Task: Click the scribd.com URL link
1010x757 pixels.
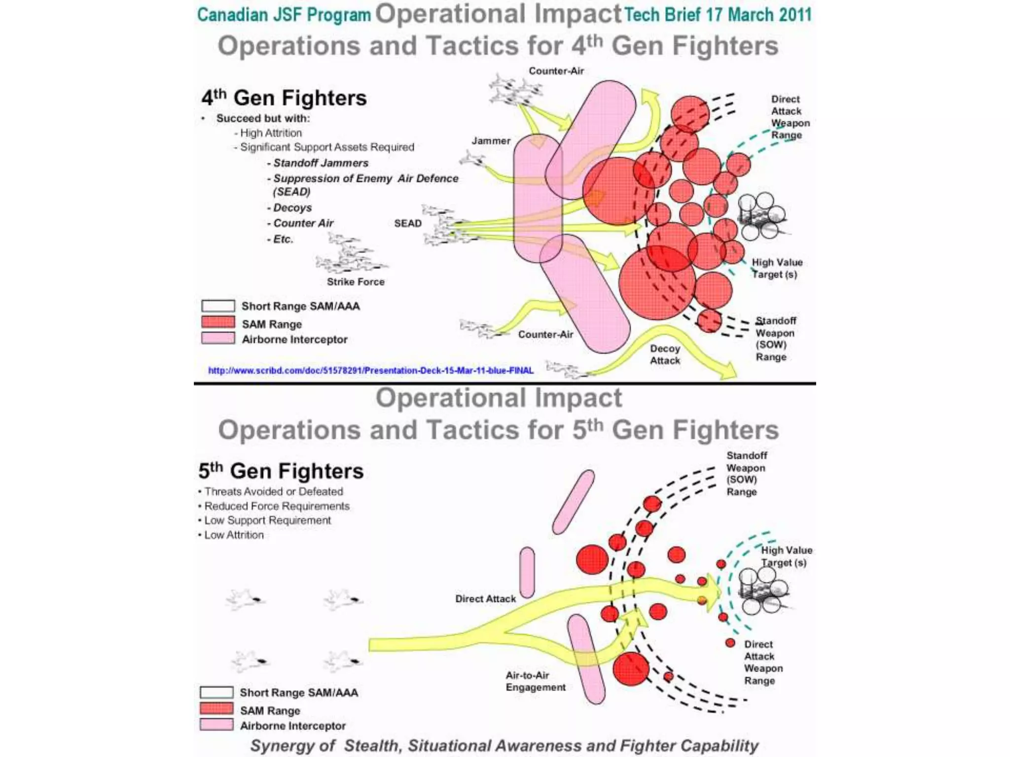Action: [370, 371]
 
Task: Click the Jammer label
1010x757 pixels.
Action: [491, 141]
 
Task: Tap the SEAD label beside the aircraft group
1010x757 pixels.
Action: [408, 223]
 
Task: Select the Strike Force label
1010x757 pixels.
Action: [356, 282]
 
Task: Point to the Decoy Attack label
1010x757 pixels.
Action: [665, 354]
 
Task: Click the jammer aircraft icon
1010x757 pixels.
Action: [472, 159]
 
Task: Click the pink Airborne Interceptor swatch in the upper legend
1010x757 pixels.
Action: [218, 339]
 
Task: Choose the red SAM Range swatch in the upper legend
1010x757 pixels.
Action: [218, 323]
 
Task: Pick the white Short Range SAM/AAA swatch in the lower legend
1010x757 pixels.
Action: [216, 692]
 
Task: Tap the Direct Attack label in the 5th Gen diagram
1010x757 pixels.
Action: [485, 599]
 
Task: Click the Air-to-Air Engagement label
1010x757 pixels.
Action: [536, 681]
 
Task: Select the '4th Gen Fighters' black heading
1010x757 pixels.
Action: [284, 98]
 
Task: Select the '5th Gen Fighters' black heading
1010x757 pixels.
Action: [281, 471]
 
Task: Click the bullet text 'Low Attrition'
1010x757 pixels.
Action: [234, 535]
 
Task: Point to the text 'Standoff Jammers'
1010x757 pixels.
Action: [321, 163]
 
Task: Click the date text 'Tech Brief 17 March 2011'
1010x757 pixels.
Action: [718, 15]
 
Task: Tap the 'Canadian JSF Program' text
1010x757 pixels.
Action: [284, 15]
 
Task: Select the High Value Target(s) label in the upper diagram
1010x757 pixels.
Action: [776, 269]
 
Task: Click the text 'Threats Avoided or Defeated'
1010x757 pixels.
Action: [274, 491]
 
